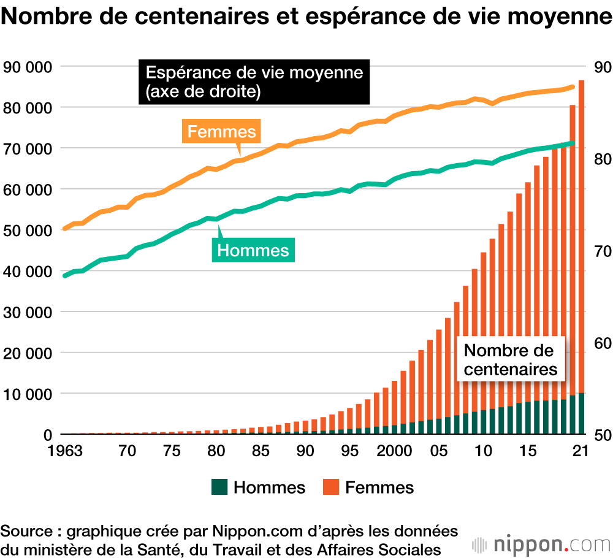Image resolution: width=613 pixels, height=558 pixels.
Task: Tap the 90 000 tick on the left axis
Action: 28,66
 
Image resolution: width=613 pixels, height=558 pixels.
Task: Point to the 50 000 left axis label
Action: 28,230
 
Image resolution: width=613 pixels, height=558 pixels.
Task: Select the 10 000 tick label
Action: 28,394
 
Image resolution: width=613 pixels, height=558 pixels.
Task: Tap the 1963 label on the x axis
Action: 67,451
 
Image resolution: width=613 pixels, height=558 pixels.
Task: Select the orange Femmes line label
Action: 221,132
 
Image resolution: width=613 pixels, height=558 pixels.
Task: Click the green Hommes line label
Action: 253,250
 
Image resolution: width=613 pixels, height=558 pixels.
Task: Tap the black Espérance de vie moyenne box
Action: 254,82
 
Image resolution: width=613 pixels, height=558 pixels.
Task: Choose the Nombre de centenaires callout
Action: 511,360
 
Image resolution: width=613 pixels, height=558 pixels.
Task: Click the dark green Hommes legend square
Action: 219,487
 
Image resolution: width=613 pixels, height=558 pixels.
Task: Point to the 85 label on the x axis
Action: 261,451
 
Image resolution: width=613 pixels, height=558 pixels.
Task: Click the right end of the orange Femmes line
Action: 573,87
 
